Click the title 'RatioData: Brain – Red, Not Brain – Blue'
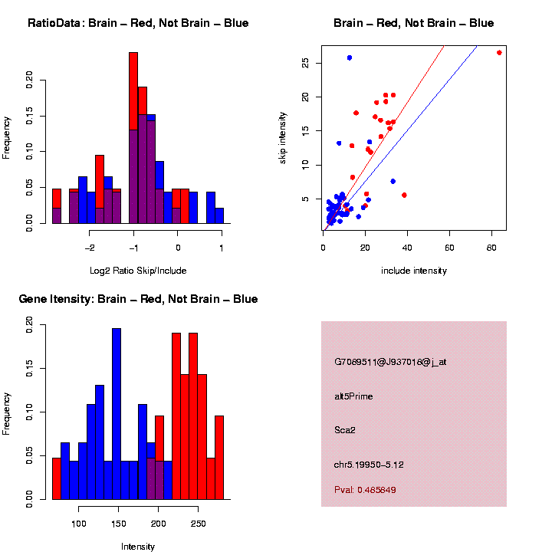pos(138,23)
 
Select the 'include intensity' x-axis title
pos(414,271)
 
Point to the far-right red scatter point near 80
pos(499,52)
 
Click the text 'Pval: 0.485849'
pos(365,489)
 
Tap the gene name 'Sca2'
pos(345,429)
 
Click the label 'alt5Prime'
pos(353,396)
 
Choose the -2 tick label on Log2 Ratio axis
pos(90,248)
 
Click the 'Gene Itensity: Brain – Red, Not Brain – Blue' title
pos(138,299)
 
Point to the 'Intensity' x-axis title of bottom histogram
pos(138,547)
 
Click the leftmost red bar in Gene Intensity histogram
pos(57,478)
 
